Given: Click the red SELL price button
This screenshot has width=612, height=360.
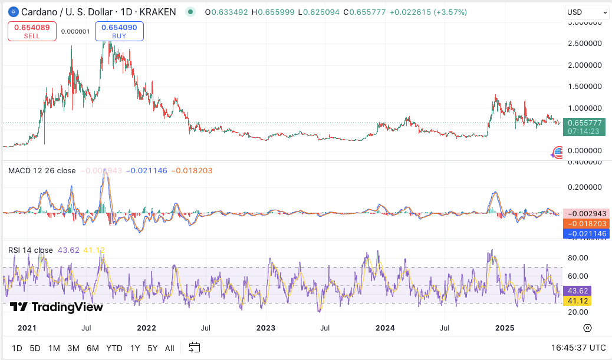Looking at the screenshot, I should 32,31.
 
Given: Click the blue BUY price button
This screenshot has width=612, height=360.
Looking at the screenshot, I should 119,31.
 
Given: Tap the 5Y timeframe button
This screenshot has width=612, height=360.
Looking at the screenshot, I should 152,348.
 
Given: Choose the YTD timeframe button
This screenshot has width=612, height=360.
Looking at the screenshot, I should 114,348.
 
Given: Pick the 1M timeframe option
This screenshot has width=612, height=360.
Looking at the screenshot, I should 54,348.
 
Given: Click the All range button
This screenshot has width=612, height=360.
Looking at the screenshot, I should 169,348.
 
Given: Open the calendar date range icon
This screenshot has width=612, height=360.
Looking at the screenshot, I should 195,348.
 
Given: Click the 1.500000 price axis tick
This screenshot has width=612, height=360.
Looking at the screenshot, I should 585,86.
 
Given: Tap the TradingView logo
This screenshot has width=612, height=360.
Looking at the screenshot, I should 57,307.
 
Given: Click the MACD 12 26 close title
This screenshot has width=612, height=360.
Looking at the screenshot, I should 42,171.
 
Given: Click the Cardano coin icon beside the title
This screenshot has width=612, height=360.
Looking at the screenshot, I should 11,12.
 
